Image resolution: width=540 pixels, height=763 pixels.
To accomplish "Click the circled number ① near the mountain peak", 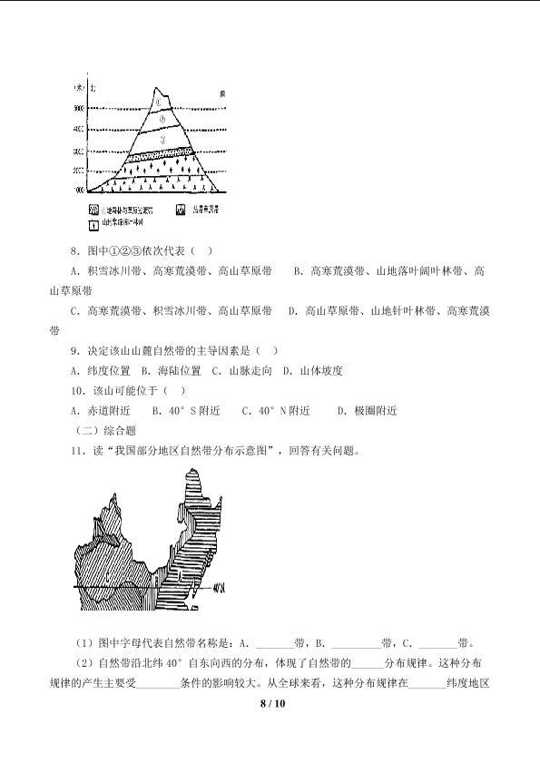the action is click(x=158, y=102).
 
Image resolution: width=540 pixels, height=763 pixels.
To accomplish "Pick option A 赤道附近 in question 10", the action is click(x=99, y=410).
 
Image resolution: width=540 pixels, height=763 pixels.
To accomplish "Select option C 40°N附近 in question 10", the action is click(x=276, y=410).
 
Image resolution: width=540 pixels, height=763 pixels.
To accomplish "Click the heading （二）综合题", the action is click(x=105, y=430).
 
